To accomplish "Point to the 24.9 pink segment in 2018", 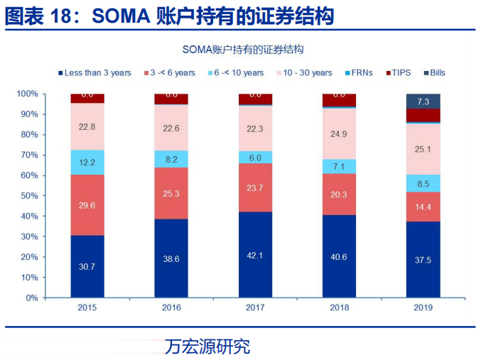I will click(x=339, y=133).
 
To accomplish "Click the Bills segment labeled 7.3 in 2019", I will click(x=423, y=102).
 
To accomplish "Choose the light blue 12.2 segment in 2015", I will click(x=87, y=162).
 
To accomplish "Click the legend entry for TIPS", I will click(x=399, y=72).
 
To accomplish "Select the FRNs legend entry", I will click(x=359, y=72).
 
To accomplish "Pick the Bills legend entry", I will click(x=436, y=72).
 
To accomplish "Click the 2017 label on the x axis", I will click(x=255, y=308).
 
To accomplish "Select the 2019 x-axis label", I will click(x=423, y=308).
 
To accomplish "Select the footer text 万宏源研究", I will click(x=207, y=347).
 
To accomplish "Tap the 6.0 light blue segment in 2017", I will click(x=255, y=158).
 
